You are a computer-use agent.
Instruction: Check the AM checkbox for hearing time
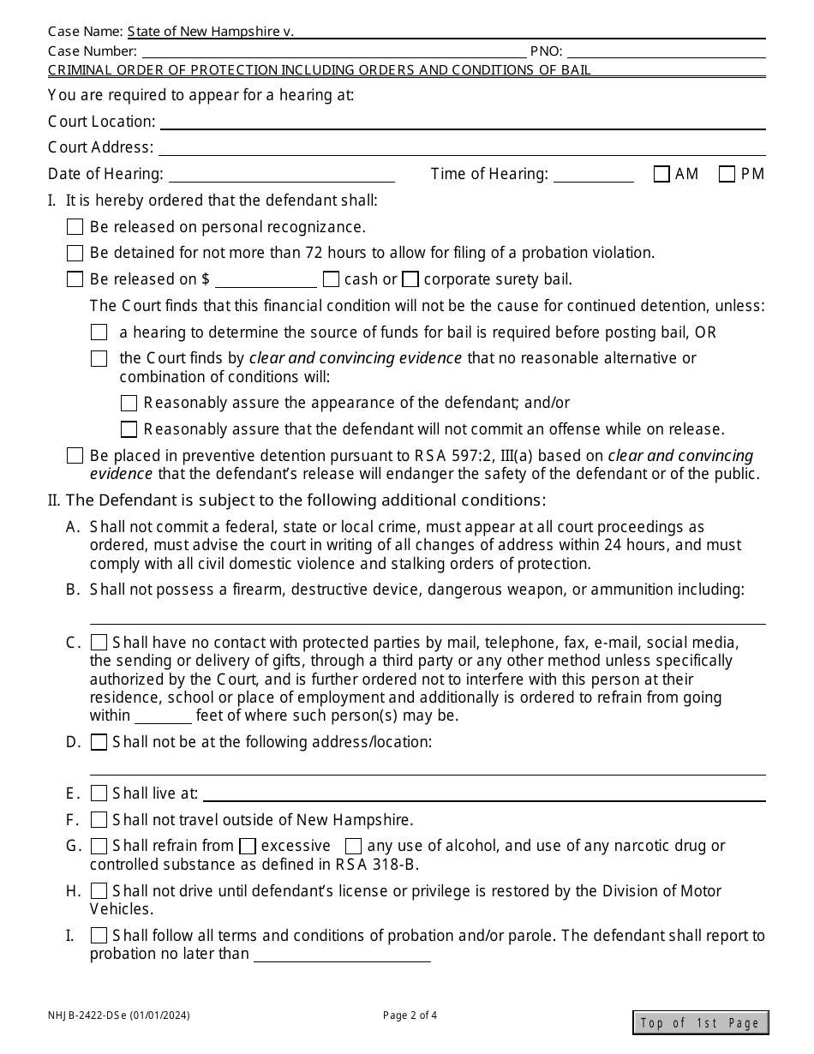(661, 175)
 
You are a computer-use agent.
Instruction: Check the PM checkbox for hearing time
(727, 175)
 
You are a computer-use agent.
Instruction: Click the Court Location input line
(462, 123)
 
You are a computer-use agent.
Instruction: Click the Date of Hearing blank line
(282, 176)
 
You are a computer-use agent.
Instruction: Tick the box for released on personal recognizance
(75, 227)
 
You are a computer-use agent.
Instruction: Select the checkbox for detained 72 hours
(75, 254)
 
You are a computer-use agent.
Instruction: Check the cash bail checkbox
(331, 279)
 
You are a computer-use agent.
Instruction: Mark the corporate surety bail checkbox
(410, 279)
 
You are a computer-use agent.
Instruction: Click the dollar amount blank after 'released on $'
(266, 281)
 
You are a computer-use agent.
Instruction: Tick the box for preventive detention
(75, 457)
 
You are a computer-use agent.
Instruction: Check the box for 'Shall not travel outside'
(99, 820)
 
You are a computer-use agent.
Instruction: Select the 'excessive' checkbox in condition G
(248, 847)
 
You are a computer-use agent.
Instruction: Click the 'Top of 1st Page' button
(700, 1023)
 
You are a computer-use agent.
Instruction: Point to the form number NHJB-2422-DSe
(118, 1016)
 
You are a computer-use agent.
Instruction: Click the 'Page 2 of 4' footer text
(410, 1016)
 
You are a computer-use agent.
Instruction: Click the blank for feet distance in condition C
(163, 717)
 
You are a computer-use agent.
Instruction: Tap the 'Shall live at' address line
(484, 795)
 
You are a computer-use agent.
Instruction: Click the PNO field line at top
(666, 52)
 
